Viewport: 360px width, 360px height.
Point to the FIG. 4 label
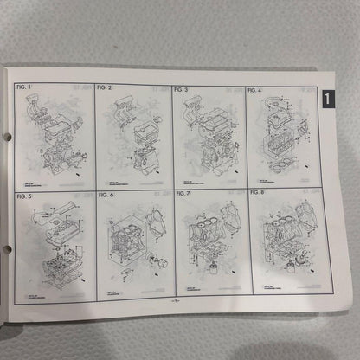click(x=258, y=90)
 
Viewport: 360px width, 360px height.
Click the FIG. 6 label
click(x=106, y=195)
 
